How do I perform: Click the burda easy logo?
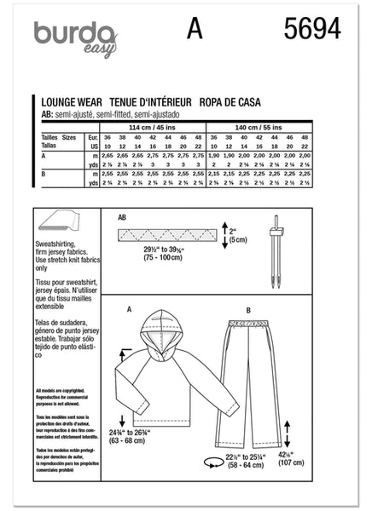coord(75,39)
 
